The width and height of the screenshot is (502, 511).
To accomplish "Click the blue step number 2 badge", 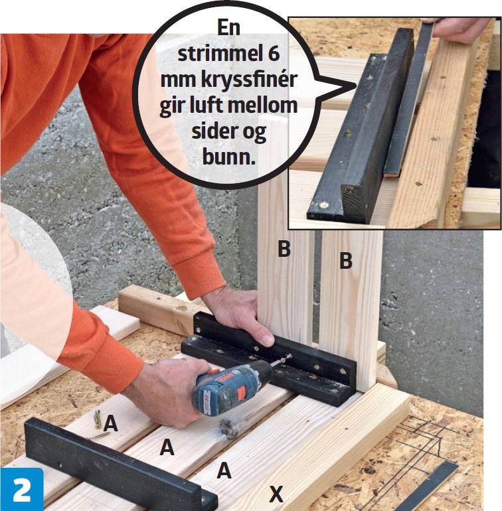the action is tap(21, 490).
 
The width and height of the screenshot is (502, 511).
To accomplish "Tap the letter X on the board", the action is tap(276, 493).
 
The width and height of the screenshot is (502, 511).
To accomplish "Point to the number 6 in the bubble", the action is tap(274, 54).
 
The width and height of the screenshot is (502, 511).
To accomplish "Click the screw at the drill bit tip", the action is tap(286, 359).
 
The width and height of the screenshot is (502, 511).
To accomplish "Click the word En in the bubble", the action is tap(228, 28).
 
